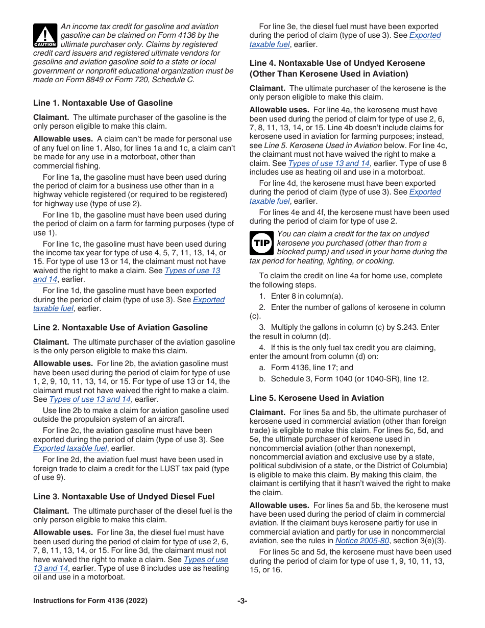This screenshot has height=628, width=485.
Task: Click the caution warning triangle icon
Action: [x=46, y=35]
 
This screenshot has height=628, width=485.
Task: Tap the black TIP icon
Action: [x=261, y=243]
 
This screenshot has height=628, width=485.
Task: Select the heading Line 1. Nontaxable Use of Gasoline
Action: [x=103, y=103]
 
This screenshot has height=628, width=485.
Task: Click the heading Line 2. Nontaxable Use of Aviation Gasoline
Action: [x=120, y=327]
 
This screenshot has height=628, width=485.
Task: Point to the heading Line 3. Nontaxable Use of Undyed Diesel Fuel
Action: [x=124, y=496]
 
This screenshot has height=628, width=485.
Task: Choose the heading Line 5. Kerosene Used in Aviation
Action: [x=317, y=398]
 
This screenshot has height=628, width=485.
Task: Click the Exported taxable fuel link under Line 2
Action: [x=70, y=448]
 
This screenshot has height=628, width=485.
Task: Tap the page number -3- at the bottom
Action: [x=242, y=601]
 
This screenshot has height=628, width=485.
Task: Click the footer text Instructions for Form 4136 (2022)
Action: [x=90, y=601]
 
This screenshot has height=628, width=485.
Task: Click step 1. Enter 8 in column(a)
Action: [x=301, y=296]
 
